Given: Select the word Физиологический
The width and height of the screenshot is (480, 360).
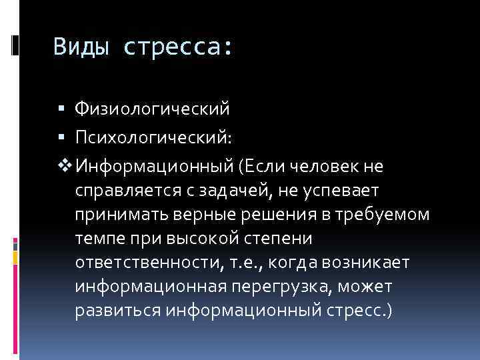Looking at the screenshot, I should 153,107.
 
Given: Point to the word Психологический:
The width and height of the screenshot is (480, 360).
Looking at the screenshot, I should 155,137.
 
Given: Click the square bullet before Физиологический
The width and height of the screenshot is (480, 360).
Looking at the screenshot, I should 61,107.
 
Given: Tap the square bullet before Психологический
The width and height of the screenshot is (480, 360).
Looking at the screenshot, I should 61,137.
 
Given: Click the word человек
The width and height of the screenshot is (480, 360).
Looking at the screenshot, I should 326,166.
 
